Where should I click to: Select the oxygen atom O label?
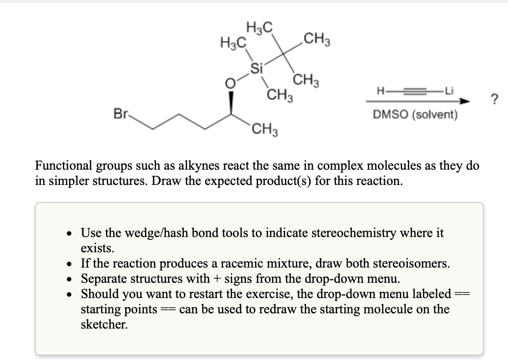(230, 83)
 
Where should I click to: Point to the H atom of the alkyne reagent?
(381, 92)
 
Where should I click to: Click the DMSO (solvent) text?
(415, 115)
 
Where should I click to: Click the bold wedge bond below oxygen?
(231, 102)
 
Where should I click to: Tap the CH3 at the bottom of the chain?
(264, 132)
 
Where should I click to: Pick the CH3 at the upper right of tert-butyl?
(317, 41)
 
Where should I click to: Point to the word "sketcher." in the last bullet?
(104, 325)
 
